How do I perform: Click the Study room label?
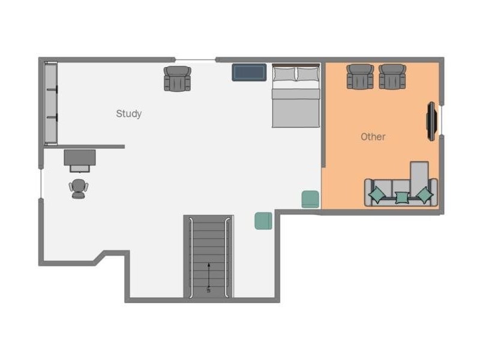(x=128, y=113)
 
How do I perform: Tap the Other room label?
(x=373, y=137)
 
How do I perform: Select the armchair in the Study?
(x=177, y=79)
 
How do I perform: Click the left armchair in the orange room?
(x=360, y=77)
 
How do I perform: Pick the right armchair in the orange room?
(x=392, y=77)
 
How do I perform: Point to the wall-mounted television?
(x=431, y=121)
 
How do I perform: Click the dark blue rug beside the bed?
(x=249, y=72)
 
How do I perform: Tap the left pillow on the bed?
(x=284, y=74)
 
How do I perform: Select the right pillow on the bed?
(x=308, y=74)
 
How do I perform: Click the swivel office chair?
(x=79, y=188)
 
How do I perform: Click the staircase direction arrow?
(x=209, y=277)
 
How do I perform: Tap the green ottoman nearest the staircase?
(x=263, y=221)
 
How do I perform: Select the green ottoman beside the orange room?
(x=310, y=199)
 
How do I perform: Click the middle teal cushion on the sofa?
(x=402, y=197)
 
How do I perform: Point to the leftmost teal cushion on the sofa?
(x=377, y=194)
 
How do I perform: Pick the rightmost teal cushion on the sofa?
(x=425, y=194)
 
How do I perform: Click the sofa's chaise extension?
(x=419, y=178)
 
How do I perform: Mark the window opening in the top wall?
(x=196, y=59)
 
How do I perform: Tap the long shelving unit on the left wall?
(x=51, y=103)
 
